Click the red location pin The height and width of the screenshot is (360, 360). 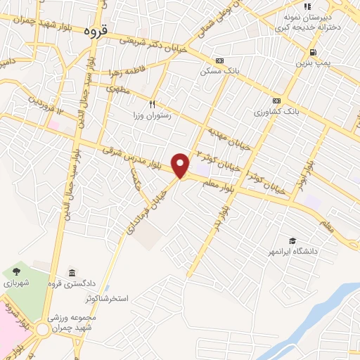click(181, 165)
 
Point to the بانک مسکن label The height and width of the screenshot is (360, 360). click(215, 72)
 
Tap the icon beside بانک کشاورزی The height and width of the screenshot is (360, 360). click(276, 101)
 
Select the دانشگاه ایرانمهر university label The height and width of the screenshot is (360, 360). click(291, 250)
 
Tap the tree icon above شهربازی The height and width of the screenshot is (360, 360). click(16, 272)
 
